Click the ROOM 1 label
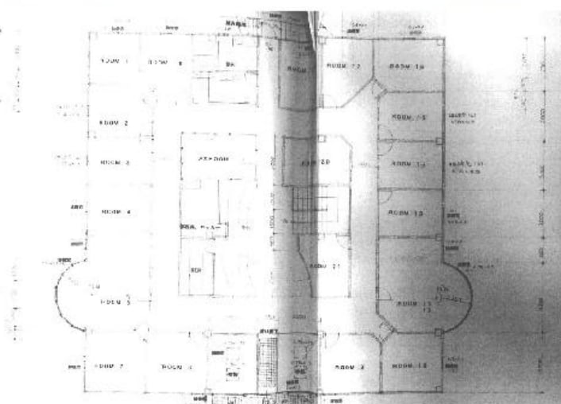click(x=115, y=60)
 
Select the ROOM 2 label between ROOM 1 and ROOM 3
click(x=114, y=122)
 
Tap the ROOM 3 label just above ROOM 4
click(x=114, y=161)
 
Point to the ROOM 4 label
click(x=116, y=212)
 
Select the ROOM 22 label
click(x=344, y=66)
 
